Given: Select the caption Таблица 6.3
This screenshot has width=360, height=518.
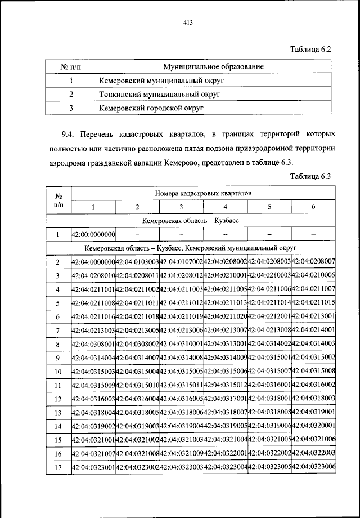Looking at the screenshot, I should click(311, 176).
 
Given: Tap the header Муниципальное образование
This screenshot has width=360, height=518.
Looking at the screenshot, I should click(214, 67).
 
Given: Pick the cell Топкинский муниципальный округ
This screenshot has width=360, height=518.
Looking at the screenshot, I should click(159, 93).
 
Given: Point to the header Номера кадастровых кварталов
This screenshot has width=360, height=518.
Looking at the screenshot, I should click(204, 193).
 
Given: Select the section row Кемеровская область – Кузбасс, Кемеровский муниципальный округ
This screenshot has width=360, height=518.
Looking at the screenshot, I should click(191, 248).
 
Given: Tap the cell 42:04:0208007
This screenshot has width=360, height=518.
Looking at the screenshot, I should click(314, 262).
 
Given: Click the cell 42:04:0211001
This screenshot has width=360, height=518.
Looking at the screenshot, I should click(93, 289).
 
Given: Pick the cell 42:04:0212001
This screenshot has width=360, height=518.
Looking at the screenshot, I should click(269, 316).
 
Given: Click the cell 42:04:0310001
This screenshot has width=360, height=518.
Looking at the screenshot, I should click(181, 343).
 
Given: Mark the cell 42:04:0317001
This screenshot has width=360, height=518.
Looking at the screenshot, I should click(226, 398).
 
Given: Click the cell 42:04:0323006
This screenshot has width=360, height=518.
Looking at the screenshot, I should click(314, 467).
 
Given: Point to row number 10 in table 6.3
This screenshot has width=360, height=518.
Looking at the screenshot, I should click(57, 371).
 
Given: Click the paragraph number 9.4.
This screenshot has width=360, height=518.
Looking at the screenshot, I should click(68, 136).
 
